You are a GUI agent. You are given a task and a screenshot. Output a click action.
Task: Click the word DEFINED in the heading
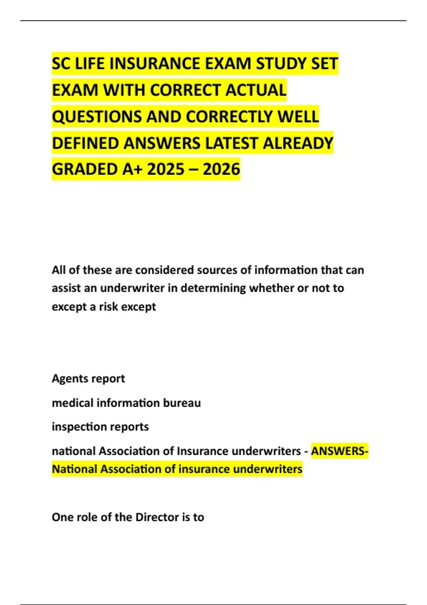(x=85, y=143)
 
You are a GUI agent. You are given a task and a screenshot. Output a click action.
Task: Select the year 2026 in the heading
(x=221, y=169)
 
